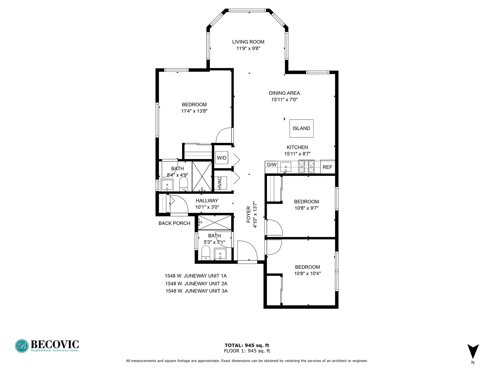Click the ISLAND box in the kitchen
click(x=301, y=128)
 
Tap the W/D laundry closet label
click(x=222, y=158)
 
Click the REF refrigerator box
click(x=327, y=167)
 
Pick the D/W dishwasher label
click(x=272, y=165)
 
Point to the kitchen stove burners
click(x=306, y=167)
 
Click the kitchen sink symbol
click(x=285, y=167)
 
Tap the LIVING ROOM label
click(x=248, y=42)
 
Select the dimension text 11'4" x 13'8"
click(x=195, y=111)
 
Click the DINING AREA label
click(x=284, y=93)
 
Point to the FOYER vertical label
click(x=249, y=215)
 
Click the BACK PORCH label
click(x=174, y=223)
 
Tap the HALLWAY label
click(x=207, y=201)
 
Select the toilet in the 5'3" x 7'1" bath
click(x=205, y=254)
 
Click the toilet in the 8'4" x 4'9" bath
click(x=184, y=184)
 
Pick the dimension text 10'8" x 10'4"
click(x=307, y=274)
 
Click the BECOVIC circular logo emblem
click(x=22, y=346)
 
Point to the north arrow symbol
click(x=473, y=351)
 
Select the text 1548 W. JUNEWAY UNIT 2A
click(x=196, y=284)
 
